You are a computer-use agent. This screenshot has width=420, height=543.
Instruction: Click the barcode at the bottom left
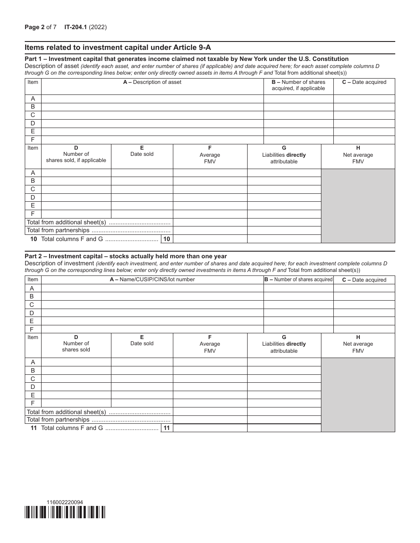click(65, 512)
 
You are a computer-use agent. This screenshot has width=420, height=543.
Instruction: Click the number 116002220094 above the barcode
click(64, 502)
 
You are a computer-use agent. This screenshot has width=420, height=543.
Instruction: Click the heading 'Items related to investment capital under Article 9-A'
click(121, 48)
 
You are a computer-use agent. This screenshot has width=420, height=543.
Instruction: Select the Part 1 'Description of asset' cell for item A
click(152, 99)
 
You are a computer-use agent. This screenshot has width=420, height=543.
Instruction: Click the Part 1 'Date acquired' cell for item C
click(364, 115)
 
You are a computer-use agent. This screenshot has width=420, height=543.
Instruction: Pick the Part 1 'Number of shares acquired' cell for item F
click(298, 140)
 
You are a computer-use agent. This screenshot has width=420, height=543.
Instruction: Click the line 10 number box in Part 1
click(167, 239)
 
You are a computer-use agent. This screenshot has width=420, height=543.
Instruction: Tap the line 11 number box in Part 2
click(167, 428)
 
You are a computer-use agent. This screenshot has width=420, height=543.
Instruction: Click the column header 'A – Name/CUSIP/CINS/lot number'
click(152, 279)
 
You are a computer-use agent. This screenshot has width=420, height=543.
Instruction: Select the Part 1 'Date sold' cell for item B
click(142, 181)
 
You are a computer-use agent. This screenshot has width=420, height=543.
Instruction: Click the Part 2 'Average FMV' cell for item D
click(210, 387)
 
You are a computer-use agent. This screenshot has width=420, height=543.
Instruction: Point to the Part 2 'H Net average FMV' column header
click(358, 344)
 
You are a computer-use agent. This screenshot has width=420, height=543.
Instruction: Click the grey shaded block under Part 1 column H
click(358, 206)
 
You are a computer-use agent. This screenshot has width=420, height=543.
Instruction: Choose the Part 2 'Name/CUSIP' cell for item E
click(152, 321)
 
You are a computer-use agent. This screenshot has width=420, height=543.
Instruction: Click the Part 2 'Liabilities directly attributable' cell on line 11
click(284, 428)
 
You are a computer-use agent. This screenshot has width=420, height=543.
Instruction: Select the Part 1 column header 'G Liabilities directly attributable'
click(284, 155)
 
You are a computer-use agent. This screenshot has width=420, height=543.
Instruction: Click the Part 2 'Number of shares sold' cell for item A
click(76, 362)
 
